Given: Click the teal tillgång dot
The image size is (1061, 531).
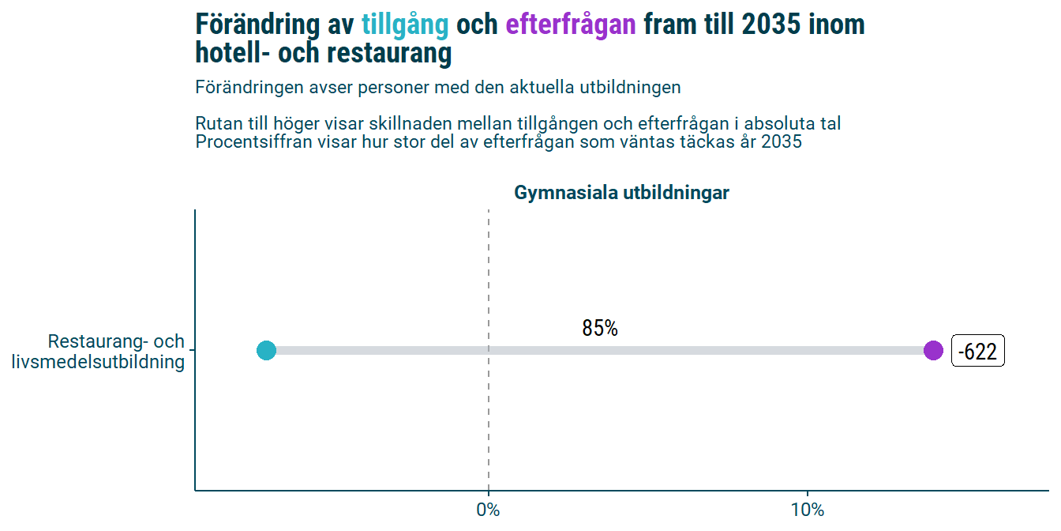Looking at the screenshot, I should pyautogui.click(x=266, y=350).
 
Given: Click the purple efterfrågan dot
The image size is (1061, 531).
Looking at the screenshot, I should pyautogui.click(x=933, y=350).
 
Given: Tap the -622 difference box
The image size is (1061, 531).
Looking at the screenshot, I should pyautogui.click(x=977, y=352).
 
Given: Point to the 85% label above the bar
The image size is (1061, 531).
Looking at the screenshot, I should pyautogui.click(x=600, y=329).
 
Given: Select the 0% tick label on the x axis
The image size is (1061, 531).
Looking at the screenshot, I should pyautogui.click(x=489, y=510).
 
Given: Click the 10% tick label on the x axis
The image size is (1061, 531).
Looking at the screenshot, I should pyautogui.click(x=808, y=510).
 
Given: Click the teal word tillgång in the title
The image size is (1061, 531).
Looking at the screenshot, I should pyautogui.click(x=405, y=25).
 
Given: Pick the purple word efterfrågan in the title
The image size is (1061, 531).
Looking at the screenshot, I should pyautogui.click(x=571, y=25).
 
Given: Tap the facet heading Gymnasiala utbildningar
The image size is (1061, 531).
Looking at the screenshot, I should pyautogui.click(x=621, y=193).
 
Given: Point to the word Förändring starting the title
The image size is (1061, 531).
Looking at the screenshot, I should pyautogui.click(x=257, y=25).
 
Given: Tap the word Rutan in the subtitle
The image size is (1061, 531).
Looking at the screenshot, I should pyautogui.click(x=217, y=124).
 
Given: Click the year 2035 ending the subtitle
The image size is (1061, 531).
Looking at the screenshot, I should pyautogui.click(x=782, y=142).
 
